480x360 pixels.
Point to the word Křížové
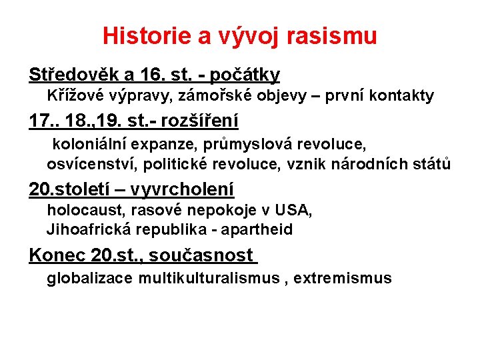pyautogui.click(x=74, y=96)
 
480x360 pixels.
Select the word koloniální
pyautogui.click(x=90, y=143)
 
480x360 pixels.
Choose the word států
pyautogui.click(x=432, y=163)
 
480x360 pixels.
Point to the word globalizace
pyautogui.click(x=89, y=278)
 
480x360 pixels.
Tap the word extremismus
pyautogui.click(x=343, y=278)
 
